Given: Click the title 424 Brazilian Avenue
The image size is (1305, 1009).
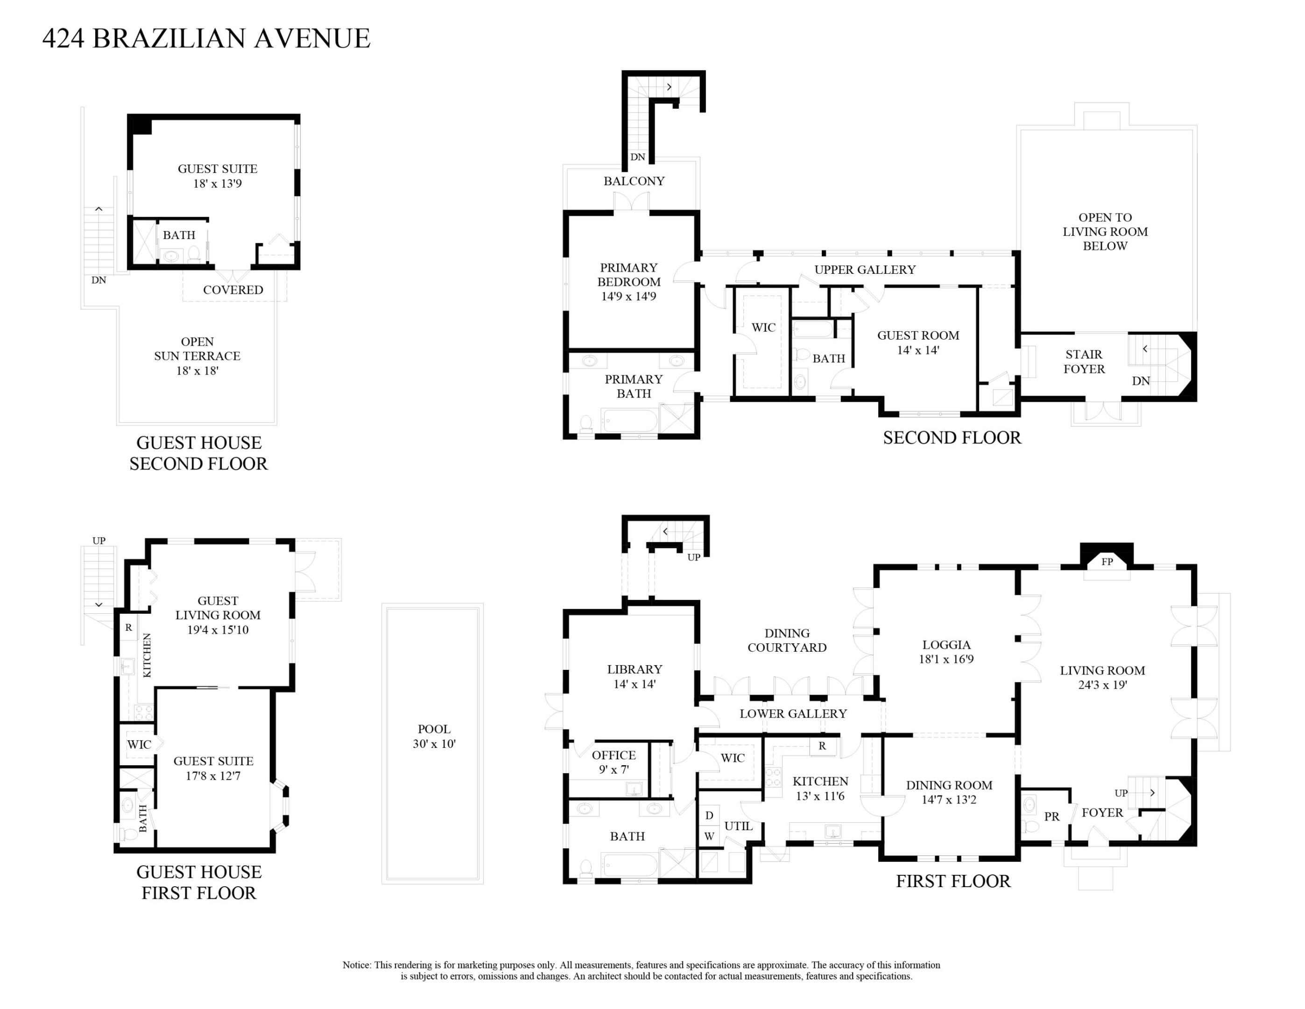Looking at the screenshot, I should pos(206,38).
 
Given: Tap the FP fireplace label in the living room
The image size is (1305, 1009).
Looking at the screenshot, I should pos(1107,561).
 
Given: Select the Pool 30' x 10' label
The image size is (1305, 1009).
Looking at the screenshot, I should pos(434,736).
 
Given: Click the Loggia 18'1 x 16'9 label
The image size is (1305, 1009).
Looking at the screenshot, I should pos(946,652).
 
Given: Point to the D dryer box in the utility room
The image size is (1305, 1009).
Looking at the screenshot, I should pos(709,815).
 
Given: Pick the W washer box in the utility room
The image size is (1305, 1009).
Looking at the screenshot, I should pos(709,836).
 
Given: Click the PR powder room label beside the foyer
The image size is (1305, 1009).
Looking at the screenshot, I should pos(1051,817).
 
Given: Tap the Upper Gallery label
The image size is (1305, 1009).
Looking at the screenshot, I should pos(865,270).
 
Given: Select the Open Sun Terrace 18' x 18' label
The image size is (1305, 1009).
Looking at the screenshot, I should pos(197,355).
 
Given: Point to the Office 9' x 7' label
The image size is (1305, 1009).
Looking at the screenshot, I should pos(614,762).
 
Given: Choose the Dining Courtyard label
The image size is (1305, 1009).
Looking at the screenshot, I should pos(787,640).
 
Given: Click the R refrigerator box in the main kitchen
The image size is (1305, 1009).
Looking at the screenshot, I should pos(822,746).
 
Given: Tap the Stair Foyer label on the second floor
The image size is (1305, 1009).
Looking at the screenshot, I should pos(1084,362).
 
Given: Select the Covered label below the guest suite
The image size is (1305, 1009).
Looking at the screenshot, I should pos(233,290).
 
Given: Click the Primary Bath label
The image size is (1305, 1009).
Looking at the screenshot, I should pos(634,386).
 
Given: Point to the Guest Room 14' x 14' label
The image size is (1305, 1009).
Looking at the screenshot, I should pos(918,342).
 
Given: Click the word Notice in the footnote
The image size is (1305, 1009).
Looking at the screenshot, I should pos(356,965).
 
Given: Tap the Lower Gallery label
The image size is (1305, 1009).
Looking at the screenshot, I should pos(793,714).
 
